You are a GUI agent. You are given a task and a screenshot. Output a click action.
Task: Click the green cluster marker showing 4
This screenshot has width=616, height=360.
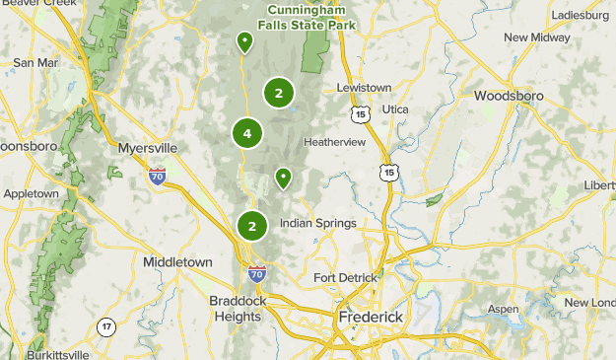tap(247, 133)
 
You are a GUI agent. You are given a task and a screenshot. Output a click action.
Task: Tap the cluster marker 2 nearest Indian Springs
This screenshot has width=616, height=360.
tap(252, 226)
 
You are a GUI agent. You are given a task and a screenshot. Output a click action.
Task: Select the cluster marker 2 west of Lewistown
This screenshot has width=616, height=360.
tap(279, 94)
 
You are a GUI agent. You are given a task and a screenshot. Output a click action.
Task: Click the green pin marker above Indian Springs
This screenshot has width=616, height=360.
tap(283, 178)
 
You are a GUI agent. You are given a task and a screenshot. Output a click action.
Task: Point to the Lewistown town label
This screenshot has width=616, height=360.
tap(365, 88)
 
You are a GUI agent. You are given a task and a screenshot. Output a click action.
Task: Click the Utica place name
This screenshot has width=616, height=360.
tap(395, 108)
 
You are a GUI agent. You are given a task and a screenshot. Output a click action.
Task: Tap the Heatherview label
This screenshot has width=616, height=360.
tap(334, 142)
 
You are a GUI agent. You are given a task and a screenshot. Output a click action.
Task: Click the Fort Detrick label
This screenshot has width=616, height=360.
tap(345, 278)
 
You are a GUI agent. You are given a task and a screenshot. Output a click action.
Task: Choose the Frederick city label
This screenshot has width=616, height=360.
tap(373, 318)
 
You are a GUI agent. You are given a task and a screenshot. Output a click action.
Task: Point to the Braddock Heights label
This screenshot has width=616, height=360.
tap(236, 309)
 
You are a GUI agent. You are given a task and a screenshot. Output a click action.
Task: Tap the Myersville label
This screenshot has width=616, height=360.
tap(147, 148)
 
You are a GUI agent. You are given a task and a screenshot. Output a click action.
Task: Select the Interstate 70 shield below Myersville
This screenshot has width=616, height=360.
tap(157, 177)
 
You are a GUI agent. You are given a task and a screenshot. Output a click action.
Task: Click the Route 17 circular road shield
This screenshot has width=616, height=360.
tap(105, 326)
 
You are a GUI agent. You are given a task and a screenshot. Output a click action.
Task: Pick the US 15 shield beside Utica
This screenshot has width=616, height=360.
tap(361, 115)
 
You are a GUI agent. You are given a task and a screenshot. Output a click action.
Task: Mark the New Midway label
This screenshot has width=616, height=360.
tap(537, 37)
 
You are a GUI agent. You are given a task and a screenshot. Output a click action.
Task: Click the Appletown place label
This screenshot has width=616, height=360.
tap(32, 193)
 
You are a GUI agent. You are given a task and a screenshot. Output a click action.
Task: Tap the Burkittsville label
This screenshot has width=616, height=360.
tap(58, 354)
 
